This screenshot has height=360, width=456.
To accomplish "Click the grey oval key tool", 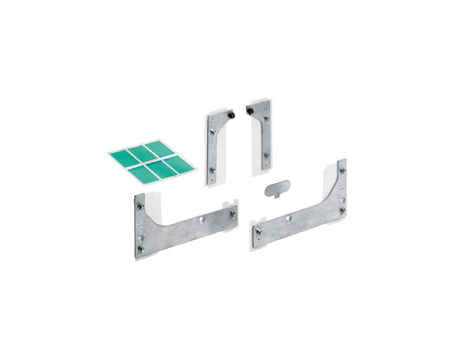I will coord(277,188).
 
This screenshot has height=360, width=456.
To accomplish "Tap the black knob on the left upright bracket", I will coord(232,115).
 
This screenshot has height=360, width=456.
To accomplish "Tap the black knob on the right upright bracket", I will coord(250,109).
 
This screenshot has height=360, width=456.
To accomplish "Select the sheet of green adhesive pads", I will coord(153,161).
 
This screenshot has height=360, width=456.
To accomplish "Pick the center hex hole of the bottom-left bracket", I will coord(202,219).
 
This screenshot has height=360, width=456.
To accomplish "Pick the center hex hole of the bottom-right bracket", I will coord(288,218).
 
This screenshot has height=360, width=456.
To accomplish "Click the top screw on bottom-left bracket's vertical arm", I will coord(140,207).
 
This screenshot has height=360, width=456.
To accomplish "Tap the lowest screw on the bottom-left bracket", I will coord(141,249).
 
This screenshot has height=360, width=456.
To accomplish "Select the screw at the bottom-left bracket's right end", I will coord(232,214).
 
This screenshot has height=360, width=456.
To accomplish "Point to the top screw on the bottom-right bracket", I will coord(342,171).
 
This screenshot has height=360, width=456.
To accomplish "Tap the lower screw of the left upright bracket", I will coord(213,170).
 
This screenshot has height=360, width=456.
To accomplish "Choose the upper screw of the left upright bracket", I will coord(214,132).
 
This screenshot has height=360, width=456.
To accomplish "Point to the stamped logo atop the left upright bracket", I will coord(215,121).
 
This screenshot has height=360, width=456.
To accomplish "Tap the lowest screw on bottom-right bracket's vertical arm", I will coord(342,210).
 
